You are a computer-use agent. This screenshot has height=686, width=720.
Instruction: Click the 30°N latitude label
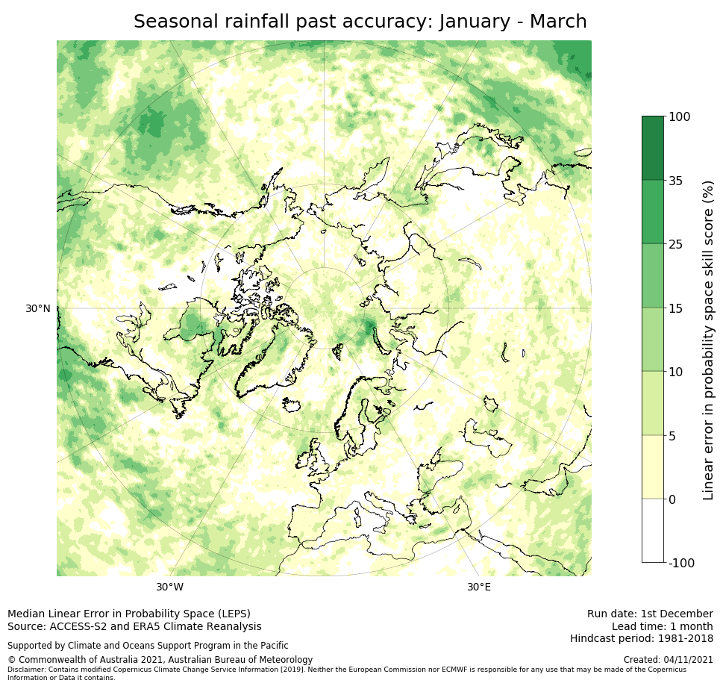(37, 308)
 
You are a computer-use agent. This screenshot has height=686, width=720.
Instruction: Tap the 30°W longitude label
(169, 587)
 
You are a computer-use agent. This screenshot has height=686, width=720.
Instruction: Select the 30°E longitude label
(479, 587)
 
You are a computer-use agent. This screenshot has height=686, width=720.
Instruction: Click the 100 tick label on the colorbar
(679, 116)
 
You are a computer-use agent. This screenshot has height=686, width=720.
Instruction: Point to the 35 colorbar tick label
(676, 181)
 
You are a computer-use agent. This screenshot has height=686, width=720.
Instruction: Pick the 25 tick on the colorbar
(676, 244)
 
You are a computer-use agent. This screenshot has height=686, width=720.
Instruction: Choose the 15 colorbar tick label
(676, 308)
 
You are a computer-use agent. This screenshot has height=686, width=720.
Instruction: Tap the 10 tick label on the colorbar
(676, 372)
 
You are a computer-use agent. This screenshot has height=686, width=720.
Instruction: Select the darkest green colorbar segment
(652, 148)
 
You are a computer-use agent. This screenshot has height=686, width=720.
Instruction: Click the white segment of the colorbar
(652, 530)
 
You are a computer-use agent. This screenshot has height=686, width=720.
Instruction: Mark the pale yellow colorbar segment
(652, 467)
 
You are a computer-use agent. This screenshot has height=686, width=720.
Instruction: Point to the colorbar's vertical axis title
(708, 340)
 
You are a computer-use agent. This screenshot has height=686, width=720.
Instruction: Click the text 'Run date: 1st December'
(650, 614)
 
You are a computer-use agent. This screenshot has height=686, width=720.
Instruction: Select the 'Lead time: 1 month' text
(662, 626)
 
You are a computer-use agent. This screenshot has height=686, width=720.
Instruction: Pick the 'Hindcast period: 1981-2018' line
(641, 638)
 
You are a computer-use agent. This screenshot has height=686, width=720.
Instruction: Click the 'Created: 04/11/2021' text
(668, 660)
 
